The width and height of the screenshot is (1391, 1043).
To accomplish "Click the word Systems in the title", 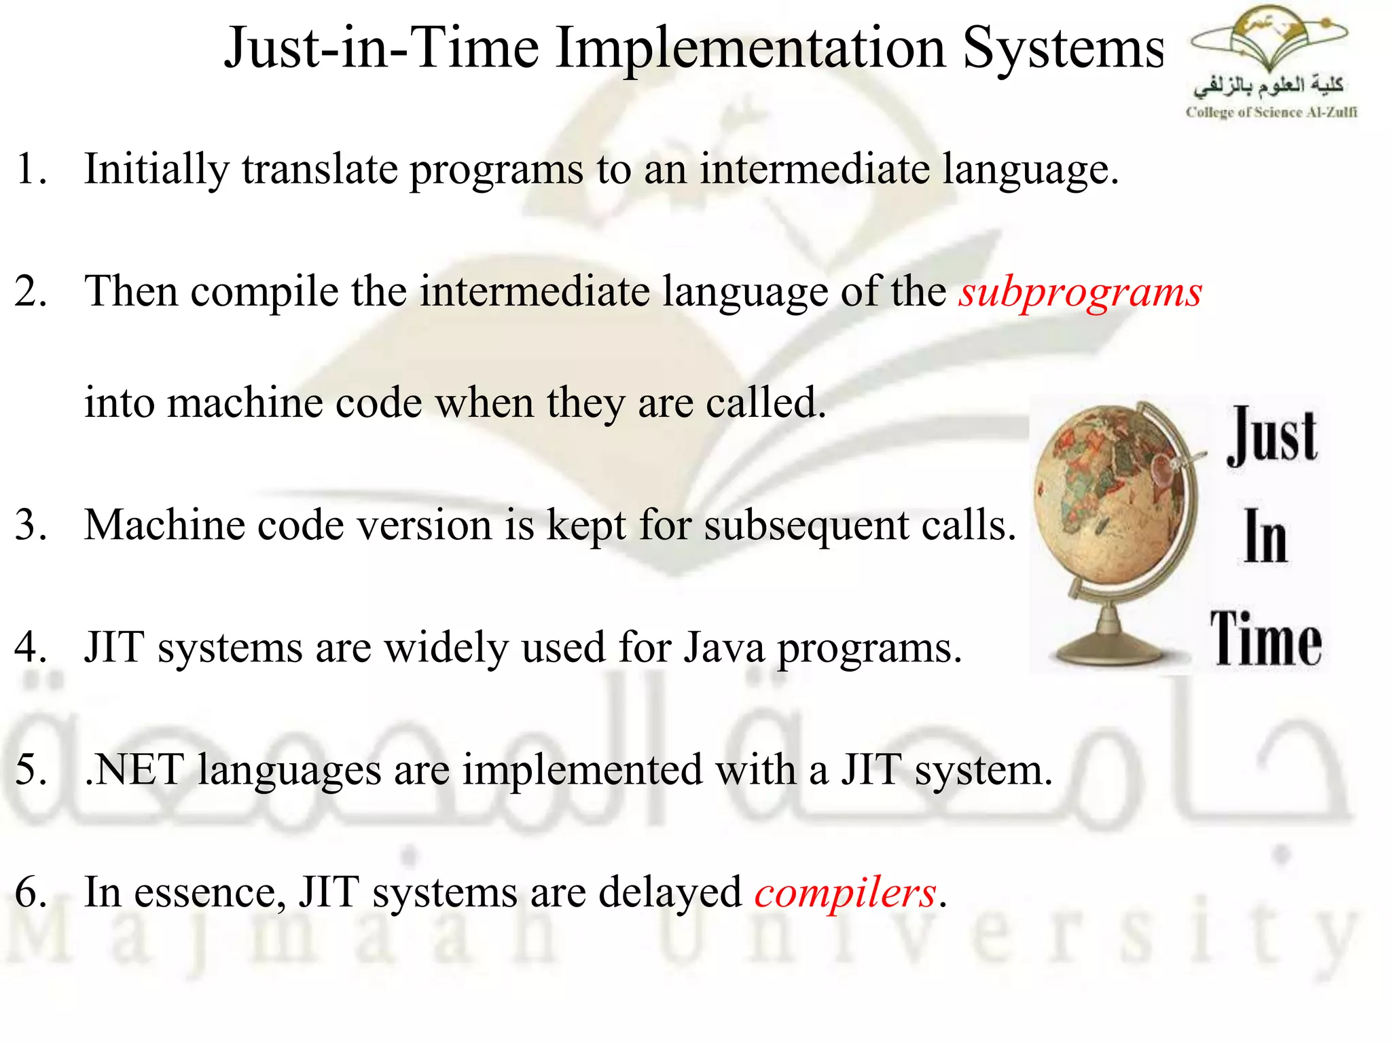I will [x=1063, y=49].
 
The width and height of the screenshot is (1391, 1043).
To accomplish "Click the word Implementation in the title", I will [x=751, y=49].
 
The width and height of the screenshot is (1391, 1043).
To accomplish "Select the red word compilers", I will [x=845, y=892].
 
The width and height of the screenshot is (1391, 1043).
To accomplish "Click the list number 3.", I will [x=30, y=526].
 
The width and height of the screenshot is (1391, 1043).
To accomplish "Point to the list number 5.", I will [x=30, y=770].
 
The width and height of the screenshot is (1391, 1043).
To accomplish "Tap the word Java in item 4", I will [x=724, y=647].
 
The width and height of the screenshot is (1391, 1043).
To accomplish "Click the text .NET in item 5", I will [x=134, y=770].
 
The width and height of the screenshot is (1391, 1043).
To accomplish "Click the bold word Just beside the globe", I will [x=1271, y=436].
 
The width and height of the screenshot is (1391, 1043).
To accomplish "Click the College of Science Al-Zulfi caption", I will [x=1271, y=113].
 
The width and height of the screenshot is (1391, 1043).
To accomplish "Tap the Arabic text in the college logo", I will [x=1268, y=86].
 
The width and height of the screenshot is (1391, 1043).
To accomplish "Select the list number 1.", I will [x=30, y=170].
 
